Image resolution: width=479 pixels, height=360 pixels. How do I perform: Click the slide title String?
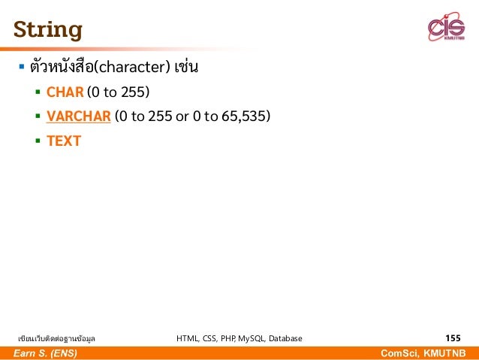point(47,30)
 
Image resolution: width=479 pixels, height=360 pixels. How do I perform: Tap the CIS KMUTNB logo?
point(446,29)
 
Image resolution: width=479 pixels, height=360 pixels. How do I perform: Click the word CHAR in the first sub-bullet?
point(65,92)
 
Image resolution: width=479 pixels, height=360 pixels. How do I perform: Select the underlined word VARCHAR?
point(78,116)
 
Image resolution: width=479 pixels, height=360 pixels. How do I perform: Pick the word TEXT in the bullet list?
point(63,141)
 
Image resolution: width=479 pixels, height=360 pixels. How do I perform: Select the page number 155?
point(453,338)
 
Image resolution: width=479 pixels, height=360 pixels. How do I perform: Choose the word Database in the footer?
point(282,339)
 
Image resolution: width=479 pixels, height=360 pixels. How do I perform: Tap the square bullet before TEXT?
point(38,141)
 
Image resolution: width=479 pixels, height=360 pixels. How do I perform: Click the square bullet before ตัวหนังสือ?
point(22,68)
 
